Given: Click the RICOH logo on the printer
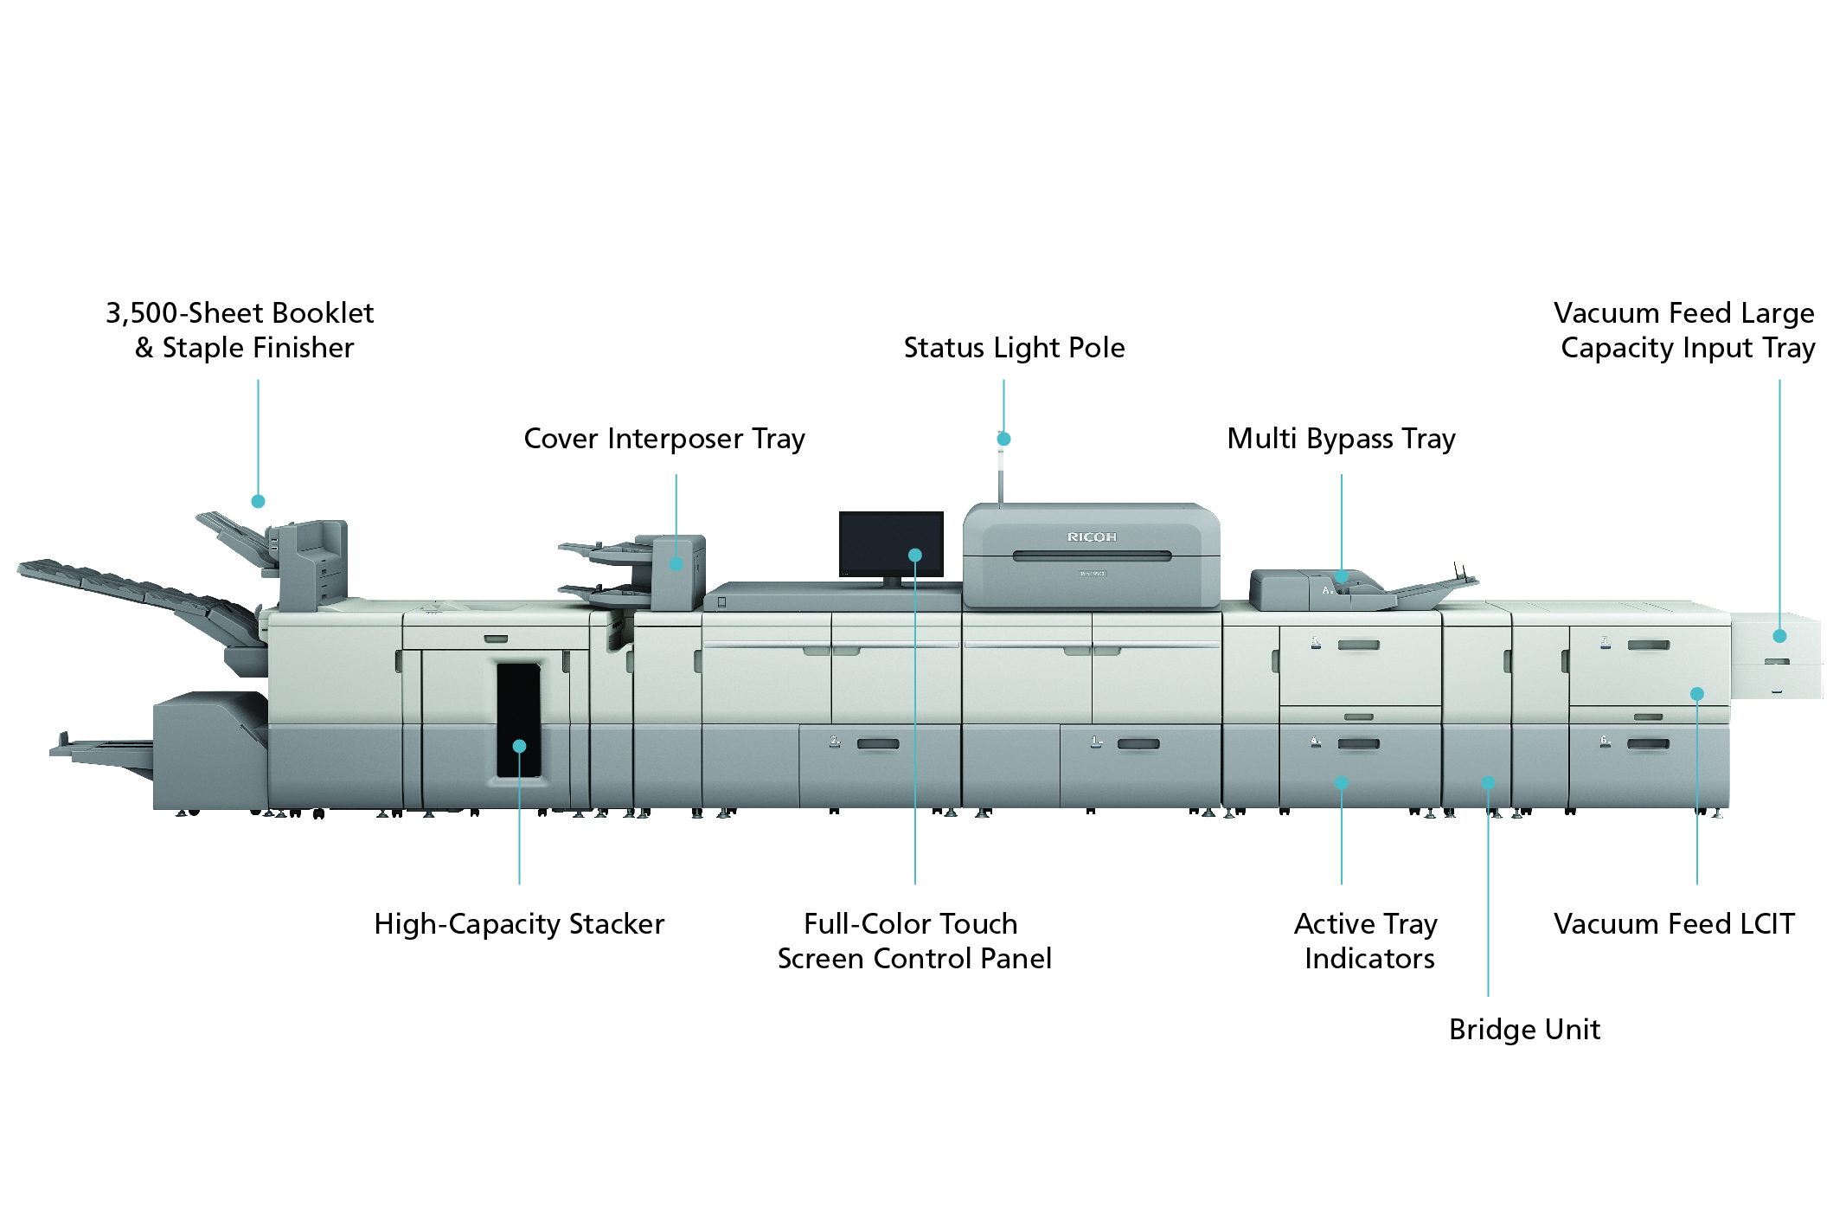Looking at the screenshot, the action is click(1092, 537).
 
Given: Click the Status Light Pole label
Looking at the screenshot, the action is click(1014, 348).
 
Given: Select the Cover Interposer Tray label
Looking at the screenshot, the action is click(664, 439).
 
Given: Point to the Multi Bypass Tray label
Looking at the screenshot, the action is click(1341, 439).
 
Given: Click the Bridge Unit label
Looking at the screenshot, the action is click(1524, 1030).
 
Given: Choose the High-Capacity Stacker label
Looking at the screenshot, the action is click(519, 924).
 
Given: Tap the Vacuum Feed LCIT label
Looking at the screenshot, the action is click(1674, 924).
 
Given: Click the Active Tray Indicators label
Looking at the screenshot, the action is click(1367, 941).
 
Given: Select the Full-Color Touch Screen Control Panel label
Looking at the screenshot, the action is click(914, 941).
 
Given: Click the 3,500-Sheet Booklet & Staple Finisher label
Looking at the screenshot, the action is click(240, 331).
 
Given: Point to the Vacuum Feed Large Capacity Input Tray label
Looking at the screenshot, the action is click(1685, 331).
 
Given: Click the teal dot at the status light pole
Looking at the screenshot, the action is click(1003, 439).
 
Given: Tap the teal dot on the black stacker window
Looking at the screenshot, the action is click(519, 746).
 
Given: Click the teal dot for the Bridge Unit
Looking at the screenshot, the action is click(1488, 783).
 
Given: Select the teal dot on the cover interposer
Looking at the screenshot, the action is click(676, 564).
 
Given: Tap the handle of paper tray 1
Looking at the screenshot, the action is click(1138, 744).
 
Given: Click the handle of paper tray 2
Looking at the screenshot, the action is click(877, 744).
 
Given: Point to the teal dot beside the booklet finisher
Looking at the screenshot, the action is click(258, 501).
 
